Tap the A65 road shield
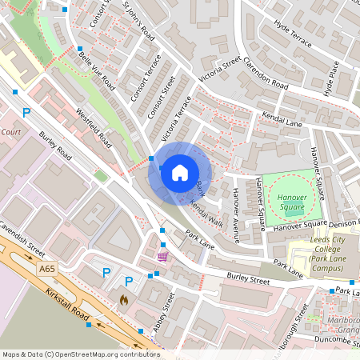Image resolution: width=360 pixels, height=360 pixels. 47,272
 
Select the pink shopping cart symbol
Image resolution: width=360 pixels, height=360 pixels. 163,256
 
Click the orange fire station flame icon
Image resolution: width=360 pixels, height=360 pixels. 123,299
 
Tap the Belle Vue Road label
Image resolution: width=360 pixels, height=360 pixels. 94,69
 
